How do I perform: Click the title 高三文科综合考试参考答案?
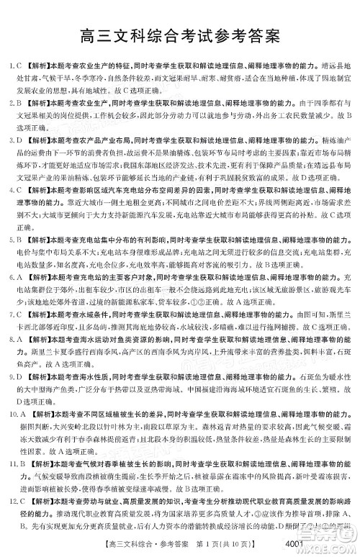180,34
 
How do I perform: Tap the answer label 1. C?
14,65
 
